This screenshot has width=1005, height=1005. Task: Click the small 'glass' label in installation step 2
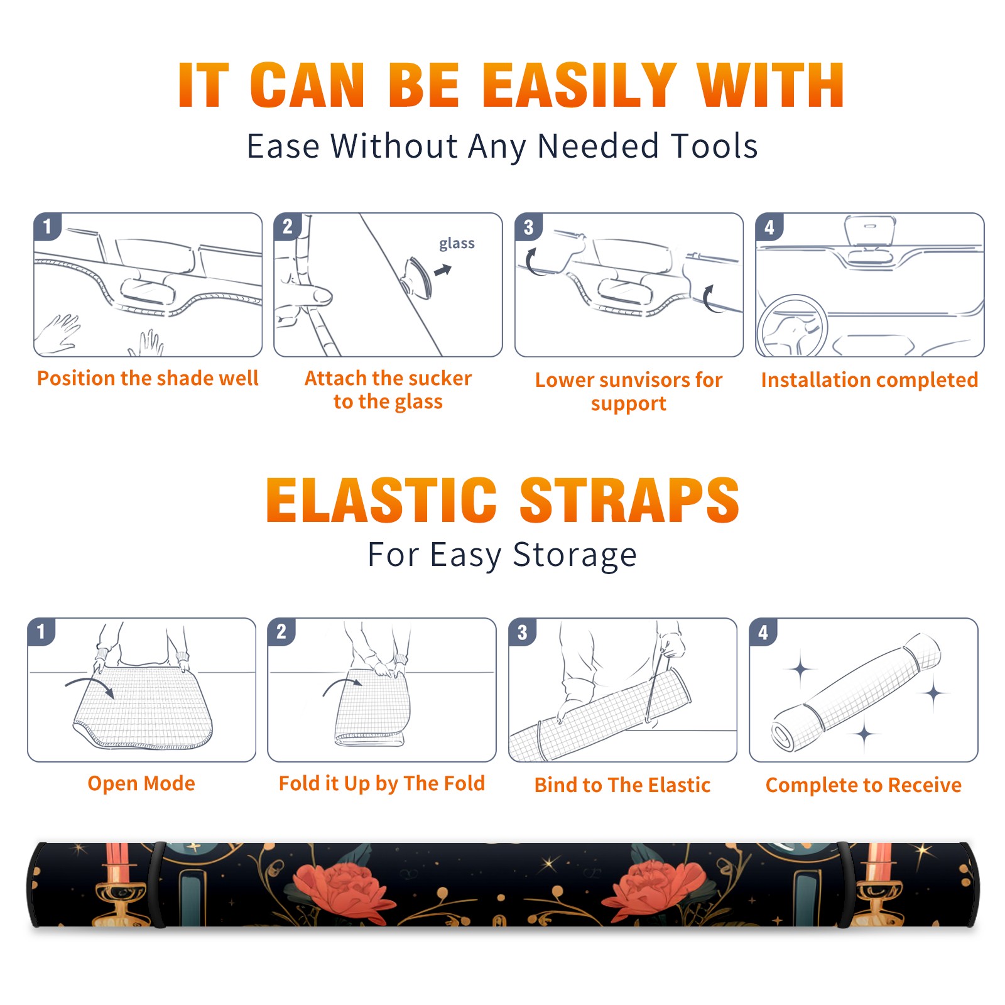(457, 244)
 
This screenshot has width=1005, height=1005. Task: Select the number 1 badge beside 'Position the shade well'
(48, 226)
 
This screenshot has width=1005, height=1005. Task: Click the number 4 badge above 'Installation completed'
(769, 227)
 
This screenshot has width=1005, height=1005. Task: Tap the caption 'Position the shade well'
(148, 378)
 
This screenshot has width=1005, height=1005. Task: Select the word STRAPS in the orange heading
(629, 500)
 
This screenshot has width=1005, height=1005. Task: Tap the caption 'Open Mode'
(141, 783)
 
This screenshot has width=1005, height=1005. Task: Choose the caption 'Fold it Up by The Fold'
(382, 784)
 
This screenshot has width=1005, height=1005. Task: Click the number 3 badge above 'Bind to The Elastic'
(523, 632)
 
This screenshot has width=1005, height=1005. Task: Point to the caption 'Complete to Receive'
(864, 785)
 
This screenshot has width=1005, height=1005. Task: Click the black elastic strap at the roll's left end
(158, 884)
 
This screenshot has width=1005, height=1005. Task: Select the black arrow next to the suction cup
(443, 270)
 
